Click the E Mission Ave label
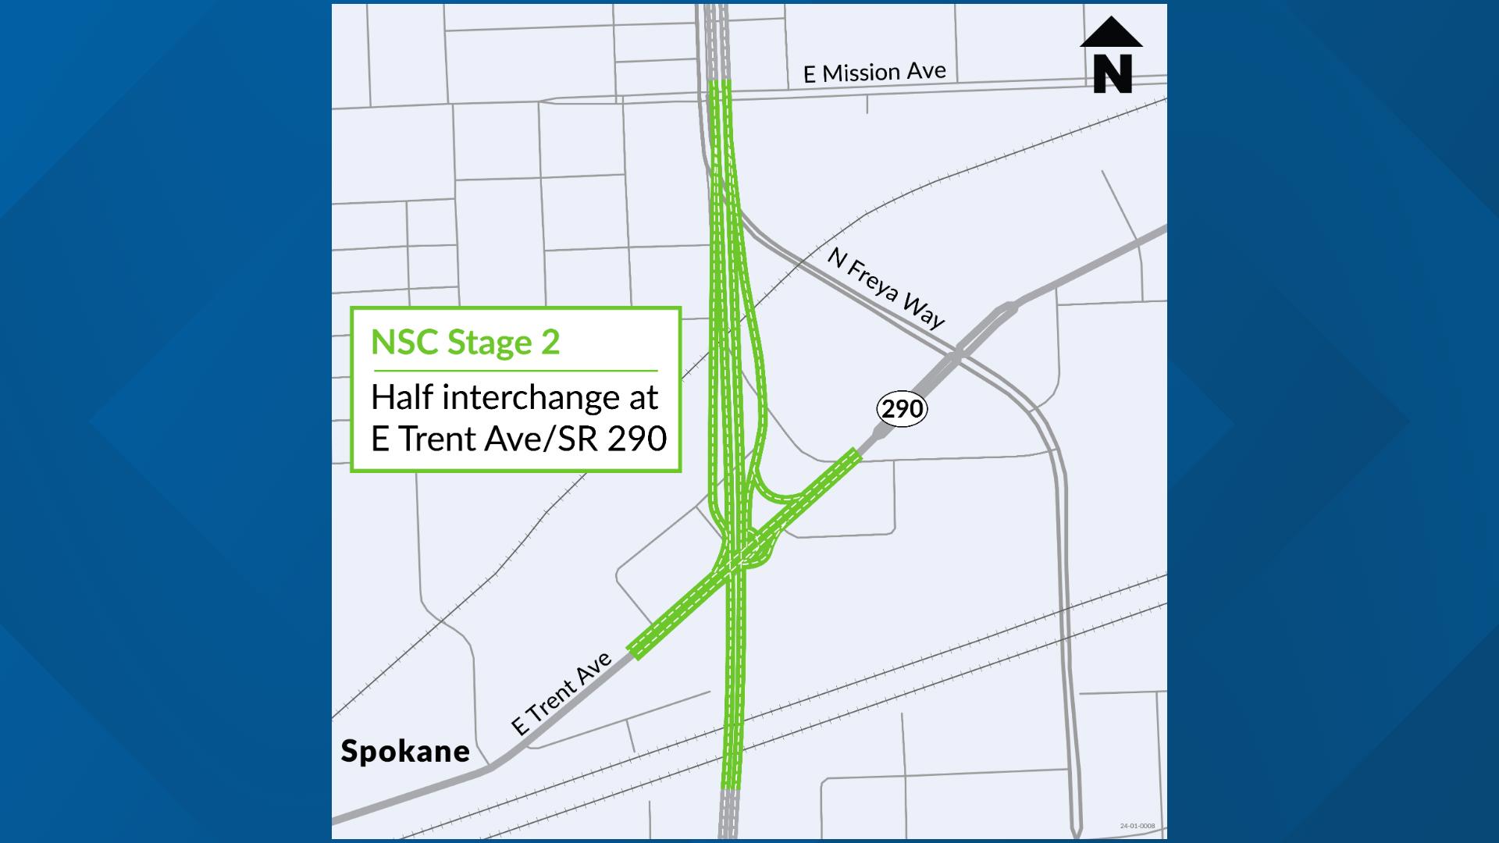(x=874, y=73)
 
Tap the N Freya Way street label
(x=886, y=288)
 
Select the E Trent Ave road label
(x=561, y=694)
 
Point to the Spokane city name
(x=405, y=751)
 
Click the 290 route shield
(x=903, y=408)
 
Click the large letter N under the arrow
(x=1112, y=74)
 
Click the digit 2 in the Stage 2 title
(x=550, y=342)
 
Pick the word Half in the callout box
(x=402, y=397)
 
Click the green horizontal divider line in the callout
(x=515, y=371)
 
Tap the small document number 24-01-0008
(x=1137, y=826)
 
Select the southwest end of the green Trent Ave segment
(x=635, y=653)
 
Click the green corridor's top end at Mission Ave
(x=719, y=82)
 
